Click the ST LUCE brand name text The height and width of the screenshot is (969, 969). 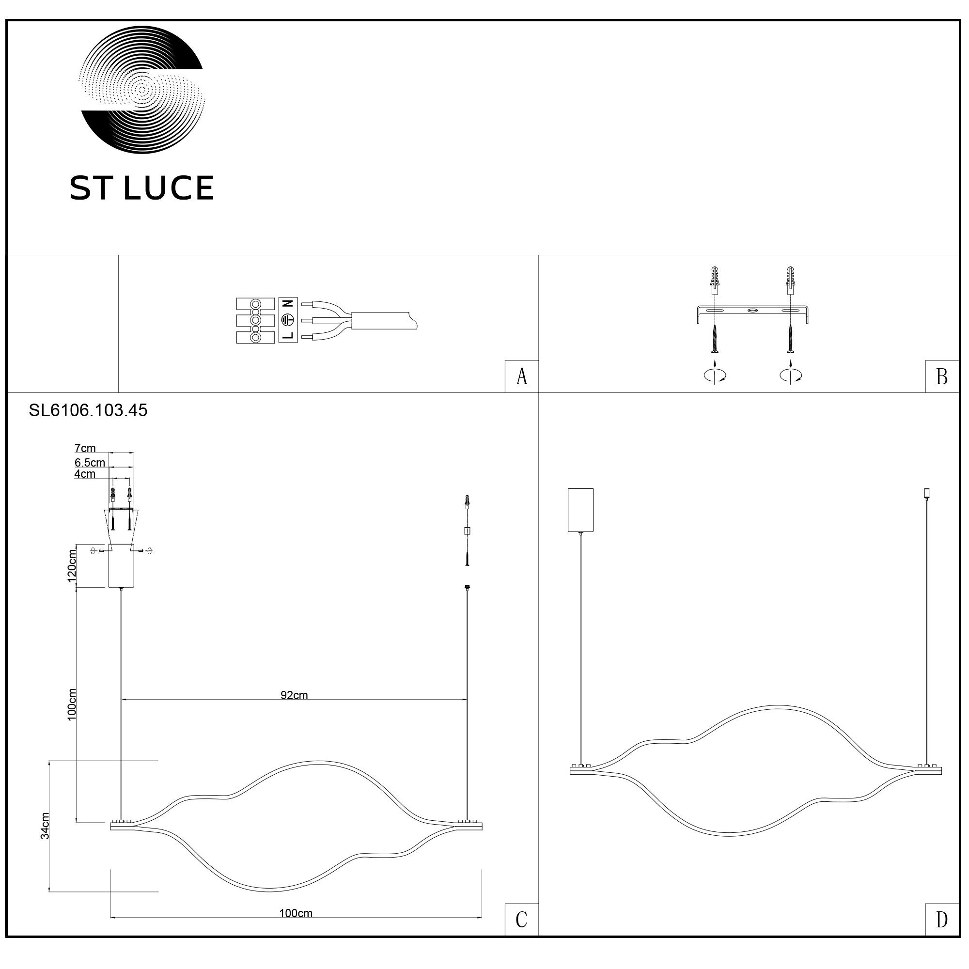[x=141, y=188]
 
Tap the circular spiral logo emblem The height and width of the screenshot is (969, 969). [x=142, y=90]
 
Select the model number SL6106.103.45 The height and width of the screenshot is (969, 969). [x=88, y=410]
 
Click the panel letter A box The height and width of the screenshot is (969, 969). [x=522, y=376]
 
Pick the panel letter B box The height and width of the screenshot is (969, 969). [x=942, y=376]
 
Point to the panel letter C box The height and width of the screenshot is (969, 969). [x=522, y=920]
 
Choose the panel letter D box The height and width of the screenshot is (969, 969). [x=942, y=920]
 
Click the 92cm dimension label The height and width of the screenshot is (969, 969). [x=295, y=695]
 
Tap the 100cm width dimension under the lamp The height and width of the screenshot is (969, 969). [x=296, y=913]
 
